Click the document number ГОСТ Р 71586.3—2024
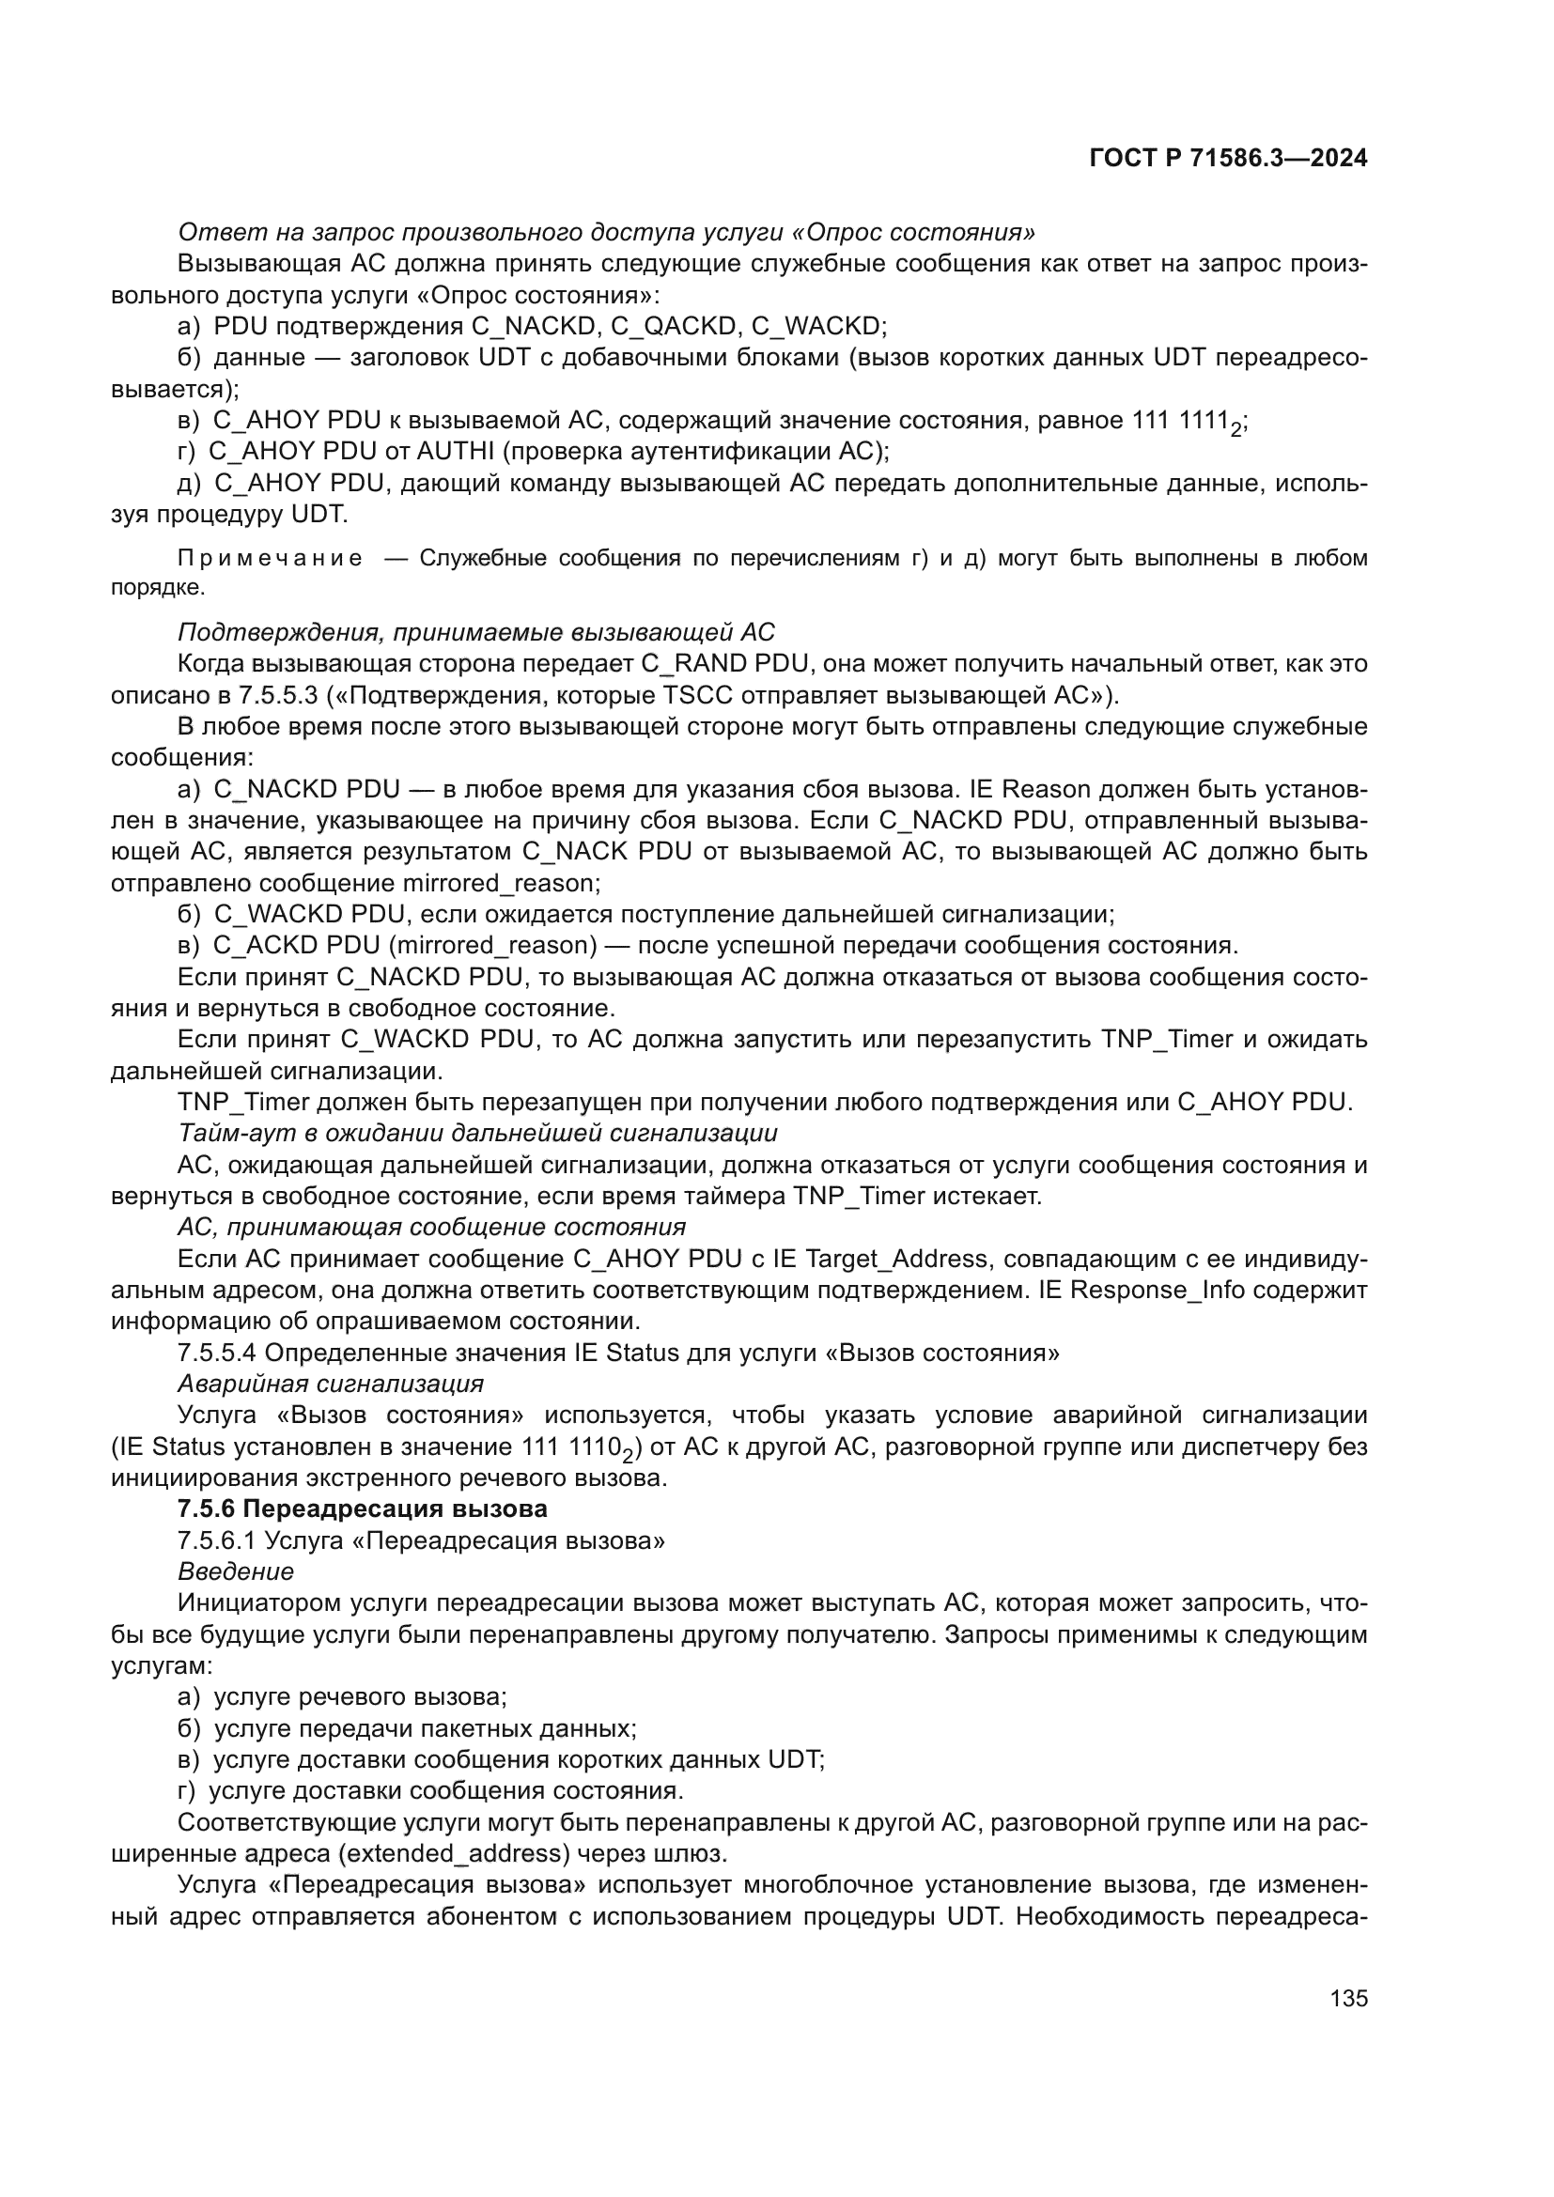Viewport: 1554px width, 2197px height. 1228,159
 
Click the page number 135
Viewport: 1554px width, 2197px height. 1348,1998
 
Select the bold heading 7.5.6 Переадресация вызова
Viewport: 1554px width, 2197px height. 363,1509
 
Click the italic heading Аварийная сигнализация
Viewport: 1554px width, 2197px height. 330,1384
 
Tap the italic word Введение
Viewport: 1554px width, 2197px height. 236,1571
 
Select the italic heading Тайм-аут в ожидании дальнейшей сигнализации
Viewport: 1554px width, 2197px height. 477,1133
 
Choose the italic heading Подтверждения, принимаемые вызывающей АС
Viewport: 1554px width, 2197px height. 475,632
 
